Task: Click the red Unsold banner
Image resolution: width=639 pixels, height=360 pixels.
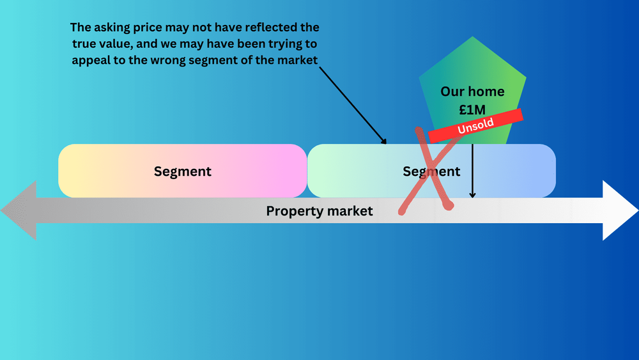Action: tap(475, 125)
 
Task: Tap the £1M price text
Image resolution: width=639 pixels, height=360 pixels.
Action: tap(472, 109)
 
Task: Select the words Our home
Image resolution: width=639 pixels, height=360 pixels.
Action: tap(472, 91)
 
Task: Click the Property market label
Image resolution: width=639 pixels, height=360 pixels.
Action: tap(319, 211)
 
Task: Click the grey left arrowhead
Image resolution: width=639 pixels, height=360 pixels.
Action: tap(19, 210)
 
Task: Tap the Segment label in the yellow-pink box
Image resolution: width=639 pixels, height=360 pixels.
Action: tap(182, 171)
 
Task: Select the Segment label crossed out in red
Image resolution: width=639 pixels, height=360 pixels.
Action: tap(431, 171)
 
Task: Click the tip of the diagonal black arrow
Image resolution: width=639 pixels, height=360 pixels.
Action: tap(386, 144)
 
